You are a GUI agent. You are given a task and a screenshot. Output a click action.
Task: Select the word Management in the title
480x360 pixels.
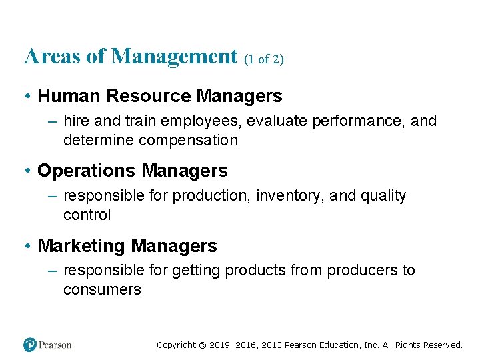175,57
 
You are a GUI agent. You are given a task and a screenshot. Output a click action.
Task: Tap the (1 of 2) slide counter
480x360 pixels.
264,59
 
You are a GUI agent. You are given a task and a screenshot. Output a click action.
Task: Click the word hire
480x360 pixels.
75,121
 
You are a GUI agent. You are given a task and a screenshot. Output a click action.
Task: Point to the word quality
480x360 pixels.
383,196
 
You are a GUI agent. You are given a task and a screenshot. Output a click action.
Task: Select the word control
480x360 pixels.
87,215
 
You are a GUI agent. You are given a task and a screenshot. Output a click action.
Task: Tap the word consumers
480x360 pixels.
102,289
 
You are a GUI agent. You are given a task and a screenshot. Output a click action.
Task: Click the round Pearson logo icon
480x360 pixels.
30,345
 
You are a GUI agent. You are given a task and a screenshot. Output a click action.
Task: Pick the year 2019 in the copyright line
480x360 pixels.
220,345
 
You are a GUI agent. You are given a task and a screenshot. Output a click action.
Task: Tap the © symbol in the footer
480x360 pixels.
202,345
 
